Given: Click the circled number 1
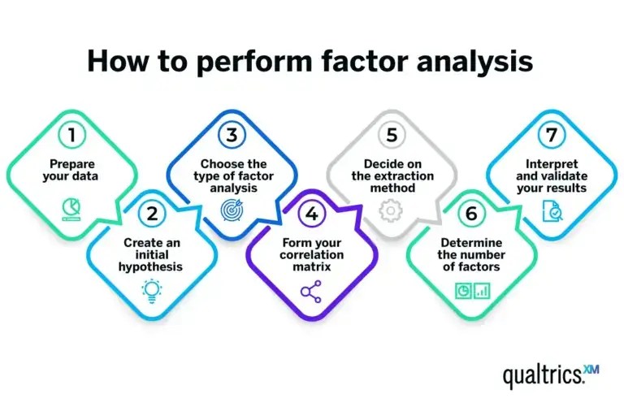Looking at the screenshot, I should point(72,134).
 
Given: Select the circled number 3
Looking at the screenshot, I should point(232,134).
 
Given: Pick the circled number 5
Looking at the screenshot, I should point(392,134).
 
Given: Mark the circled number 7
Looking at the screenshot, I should point(552,134).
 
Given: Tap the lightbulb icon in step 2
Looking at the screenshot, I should point(153,290).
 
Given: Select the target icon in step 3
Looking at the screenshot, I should point(232,210).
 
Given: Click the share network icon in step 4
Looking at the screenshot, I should point(312,290).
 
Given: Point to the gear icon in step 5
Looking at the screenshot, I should point(392,210).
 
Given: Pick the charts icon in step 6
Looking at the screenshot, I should point(472,290).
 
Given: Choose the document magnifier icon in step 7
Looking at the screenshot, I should point(552,210).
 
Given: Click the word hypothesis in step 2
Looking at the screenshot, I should point(153,266).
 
